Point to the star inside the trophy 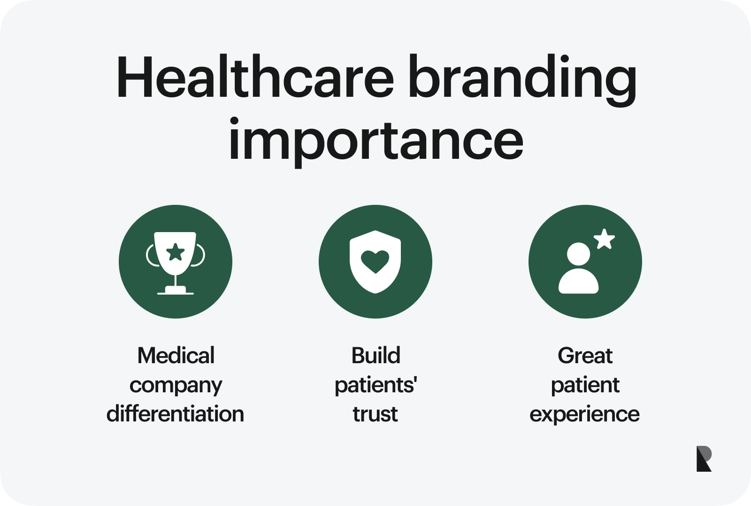pos(176,252)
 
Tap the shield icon pos(375,262)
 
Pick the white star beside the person pos(604,239)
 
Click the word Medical pos(176,356)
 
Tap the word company pos(176,386)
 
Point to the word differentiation pos(175,414)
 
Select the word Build pos(375,356)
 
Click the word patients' pos(375,386)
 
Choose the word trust pos(375,414)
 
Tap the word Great pos(585,356)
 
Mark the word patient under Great pos(585,386)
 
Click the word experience pos(584,414)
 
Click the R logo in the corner pos(704,459)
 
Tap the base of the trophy pos(176,292)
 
